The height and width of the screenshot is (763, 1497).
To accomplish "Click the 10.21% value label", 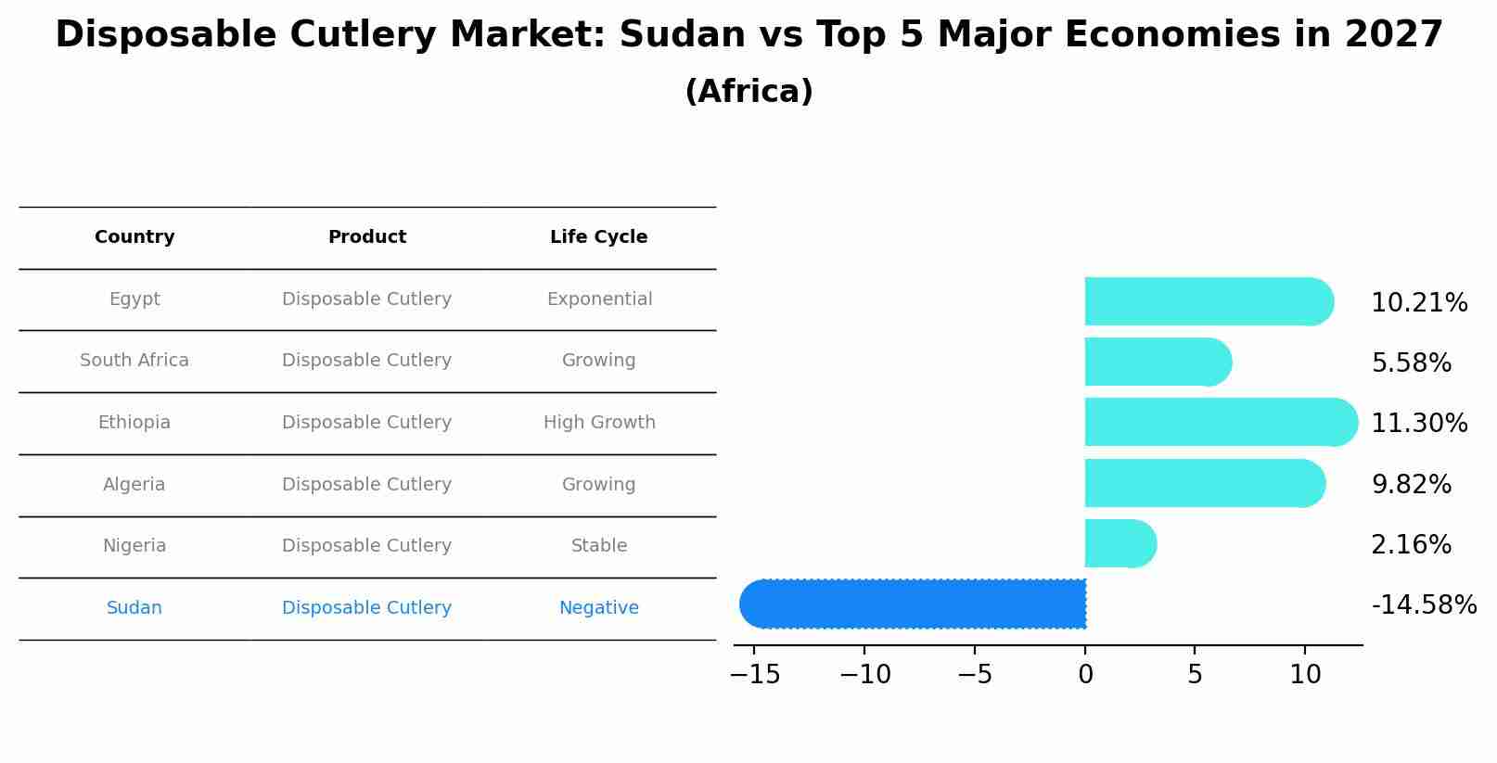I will coord(1418,303).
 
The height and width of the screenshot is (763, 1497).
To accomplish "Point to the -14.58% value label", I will coord(1423,605).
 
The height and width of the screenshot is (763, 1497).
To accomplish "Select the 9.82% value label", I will coord(1411,484).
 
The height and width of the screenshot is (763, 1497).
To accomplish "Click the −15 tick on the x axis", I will coord(755,675).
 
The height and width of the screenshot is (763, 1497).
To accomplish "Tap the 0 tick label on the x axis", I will coord(1085,675).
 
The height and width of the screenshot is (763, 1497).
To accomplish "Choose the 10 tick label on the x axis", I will coord(1305,675).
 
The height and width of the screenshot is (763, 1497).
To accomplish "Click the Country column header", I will coord(134,237).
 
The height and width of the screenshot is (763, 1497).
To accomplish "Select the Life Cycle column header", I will coord(598,237).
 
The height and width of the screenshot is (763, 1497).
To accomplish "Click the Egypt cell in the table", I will coord(134,299).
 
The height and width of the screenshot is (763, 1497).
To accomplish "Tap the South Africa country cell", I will coord(134,361).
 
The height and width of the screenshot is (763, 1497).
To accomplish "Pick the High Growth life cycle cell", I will coord(599,423).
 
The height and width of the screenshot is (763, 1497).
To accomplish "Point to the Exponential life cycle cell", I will coord(599,299).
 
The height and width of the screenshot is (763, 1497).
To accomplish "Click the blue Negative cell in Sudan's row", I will coord(598,608).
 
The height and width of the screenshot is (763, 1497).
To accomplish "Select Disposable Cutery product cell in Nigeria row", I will coord(366,546).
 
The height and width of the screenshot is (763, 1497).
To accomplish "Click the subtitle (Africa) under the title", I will coord(748,92).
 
